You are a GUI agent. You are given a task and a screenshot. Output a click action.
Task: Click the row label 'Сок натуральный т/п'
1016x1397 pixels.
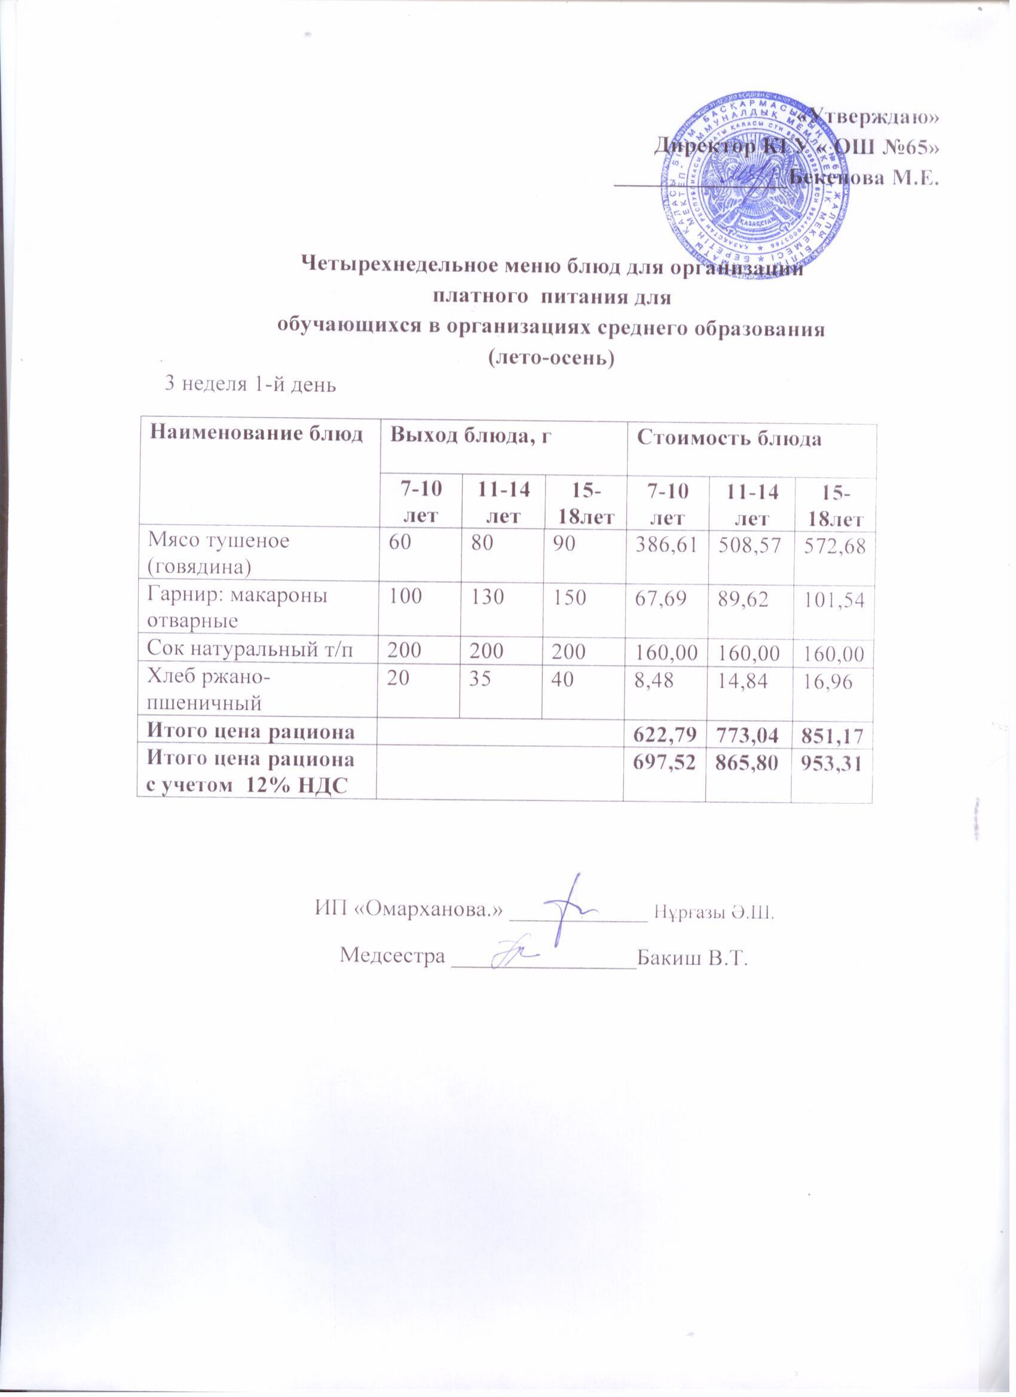point(250,651)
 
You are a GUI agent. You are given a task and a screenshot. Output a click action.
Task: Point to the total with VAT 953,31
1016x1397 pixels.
point(831,764)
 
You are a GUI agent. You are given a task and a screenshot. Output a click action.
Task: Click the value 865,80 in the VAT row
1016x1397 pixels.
point(749,764)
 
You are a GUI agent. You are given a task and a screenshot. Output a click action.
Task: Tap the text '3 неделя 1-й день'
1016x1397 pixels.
point(249,384)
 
